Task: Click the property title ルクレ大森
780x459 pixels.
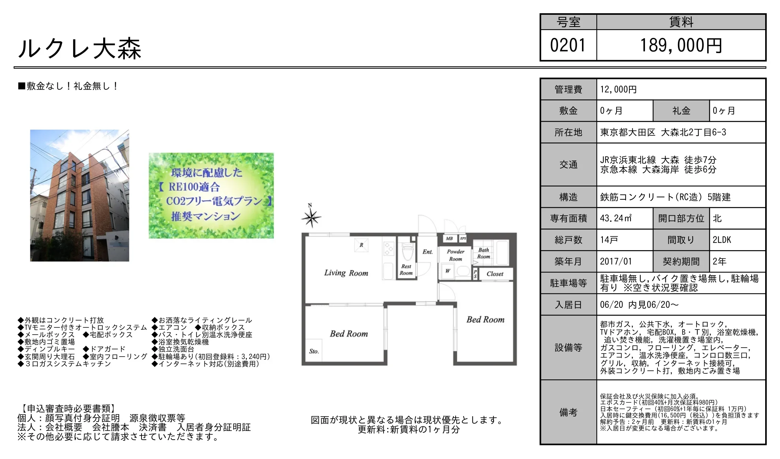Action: pos(80,49)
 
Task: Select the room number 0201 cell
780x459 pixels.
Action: pos(568,45)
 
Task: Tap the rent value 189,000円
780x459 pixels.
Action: pos(681,45)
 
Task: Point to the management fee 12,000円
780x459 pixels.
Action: pos(618,89)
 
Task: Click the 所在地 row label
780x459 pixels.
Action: pos(568,132)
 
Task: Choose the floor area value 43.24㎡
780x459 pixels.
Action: pos(616,218)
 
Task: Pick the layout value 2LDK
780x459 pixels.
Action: pos(722,240)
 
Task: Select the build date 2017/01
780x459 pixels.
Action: pos(615,262)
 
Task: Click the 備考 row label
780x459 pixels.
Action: pos(568,412)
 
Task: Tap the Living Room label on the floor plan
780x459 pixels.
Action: pos(346,273)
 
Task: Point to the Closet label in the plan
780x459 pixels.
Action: pos(495,274)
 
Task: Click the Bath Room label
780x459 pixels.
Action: pos(484,253)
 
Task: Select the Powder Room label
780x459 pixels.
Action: pos(456,255)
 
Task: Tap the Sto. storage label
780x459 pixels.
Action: pos(314,351)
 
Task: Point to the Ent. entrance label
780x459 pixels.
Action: pos(428,252)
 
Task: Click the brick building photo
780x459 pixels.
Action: pos(80,196)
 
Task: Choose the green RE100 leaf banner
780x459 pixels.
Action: pos(211,196)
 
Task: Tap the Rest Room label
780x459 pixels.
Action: pos(406,270)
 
